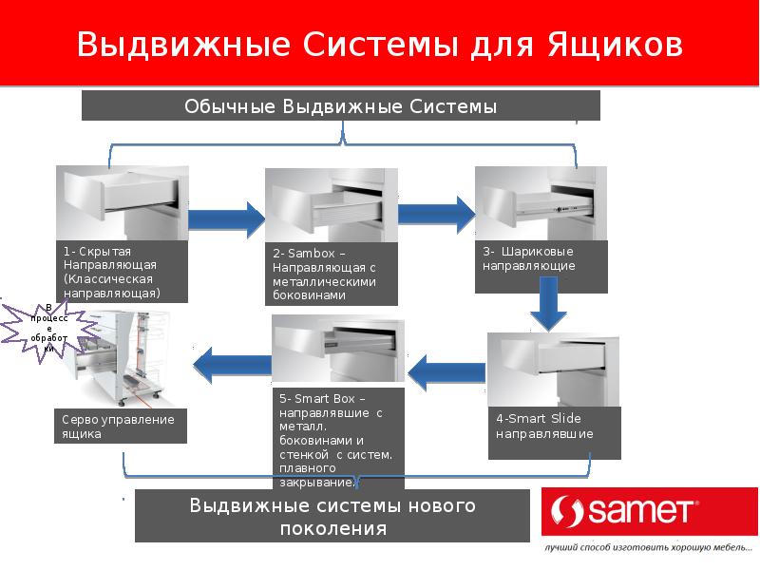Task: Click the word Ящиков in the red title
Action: [616, 45]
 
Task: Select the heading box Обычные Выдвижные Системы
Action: [341, 105]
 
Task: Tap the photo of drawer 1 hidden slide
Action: [123, 202]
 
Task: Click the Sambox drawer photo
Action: [332, 205]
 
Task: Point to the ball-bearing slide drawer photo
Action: [541, 202]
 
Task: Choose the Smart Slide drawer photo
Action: [554, 370]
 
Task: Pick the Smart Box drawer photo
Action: [338, 348]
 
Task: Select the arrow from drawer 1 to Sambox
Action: [227, 219]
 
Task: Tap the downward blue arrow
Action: [548, 304]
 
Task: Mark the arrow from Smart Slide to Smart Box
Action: [446, 372]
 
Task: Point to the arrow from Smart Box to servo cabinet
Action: [232, 365]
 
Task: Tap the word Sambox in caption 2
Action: [312, 254]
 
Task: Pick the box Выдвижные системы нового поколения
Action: [332, 516]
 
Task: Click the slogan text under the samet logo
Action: [648, 548]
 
